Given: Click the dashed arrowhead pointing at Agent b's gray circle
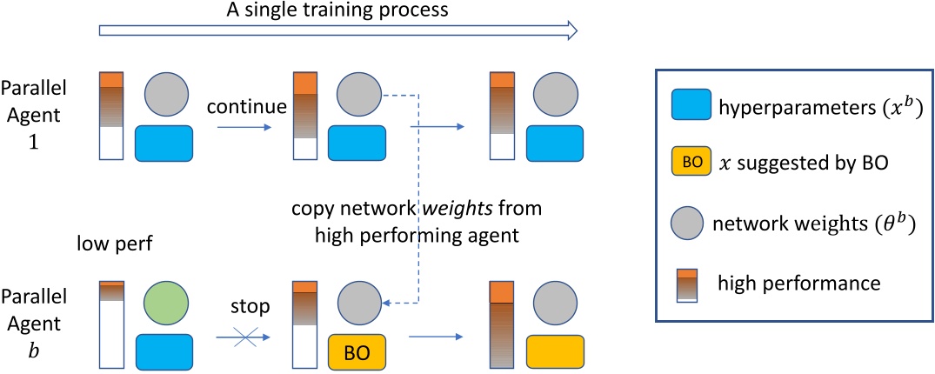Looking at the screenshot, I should click(x=390, y=304).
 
